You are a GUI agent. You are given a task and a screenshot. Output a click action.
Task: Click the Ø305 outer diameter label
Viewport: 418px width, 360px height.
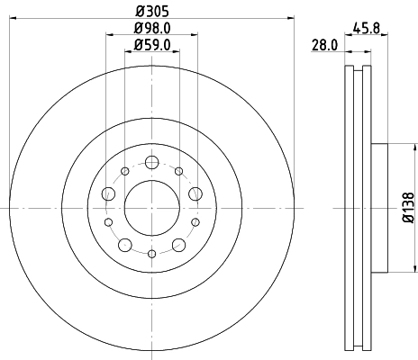[x=151, y=10]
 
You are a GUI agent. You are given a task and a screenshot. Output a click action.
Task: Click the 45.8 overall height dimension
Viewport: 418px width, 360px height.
[x=364, y=28]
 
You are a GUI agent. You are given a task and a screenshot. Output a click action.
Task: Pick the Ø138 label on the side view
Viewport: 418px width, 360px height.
[x=407, y=208]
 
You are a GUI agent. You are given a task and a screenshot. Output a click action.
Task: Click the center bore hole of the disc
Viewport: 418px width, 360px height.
[x=151, y=209]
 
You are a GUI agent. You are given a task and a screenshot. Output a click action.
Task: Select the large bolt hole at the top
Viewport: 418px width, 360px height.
[x=151, y=163]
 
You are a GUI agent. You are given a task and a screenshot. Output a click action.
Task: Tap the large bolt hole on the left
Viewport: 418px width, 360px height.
[x=109, y=193]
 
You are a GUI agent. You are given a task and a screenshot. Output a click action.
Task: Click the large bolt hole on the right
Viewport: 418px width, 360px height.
[x=195, y=193]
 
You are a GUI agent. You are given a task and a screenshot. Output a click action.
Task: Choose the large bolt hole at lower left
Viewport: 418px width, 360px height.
[x=125, y=245]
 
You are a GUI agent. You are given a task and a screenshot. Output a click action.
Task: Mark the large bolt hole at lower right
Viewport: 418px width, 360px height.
[x=178, y=245]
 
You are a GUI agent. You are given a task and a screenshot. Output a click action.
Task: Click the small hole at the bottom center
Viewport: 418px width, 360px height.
[x=151, y=255]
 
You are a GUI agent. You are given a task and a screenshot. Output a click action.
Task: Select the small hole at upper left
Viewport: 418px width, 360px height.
[x=125, y=171]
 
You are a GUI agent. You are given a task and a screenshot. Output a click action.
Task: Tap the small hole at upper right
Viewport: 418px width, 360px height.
[x=178, y=171]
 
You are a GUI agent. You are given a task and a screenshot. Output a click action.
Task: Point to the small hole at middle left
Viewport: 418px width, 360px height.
[x=108, y=222]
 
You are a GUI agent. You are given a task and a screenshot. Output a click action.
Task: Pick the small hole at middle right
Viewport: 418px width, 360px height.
[x=195, y=222]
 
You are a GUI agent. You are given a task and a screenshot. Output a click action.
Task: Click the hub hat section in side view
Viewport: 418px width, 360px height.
[x=378, y=209]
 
